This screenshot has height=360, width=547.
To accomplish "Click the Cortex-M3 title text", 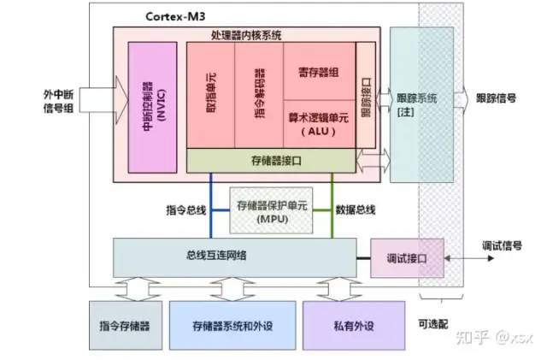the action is pyautogui.click(x=175, y=16).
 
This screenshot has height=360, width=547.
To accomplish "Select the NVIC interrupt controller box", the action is pyautogui.click(x=152, y=108).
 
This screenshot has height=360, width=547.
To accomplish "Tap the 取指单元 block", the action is pyautogui.click(x=211, y=95).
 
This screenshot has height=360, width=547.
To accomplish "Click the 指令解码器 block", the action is pyautogui.click(x=259, y=95).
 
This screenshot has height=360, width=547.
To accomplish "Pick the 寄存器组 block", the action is pyautogui.click(x=319, y=72).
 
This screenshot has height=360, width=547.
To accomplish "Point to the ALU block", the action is pyautogui.click(x=319, y=124).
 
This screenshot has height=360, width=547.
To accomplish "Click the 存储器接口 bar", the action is pyautogui.click(x=271, y=161).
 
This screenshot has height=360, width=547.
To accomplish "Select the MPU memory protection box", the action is pyautogui.click(x=271, y=210).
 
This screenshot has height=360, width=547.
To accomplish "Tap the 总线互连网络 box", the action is pyautogui.click(x=235, y=257).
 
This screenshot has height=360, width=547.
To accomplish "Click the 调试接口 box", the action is pyautogui.click(x=407, y=258).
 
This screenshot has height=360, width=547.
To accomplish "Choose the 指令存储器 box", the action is pyautogui.click(x=126, y=326).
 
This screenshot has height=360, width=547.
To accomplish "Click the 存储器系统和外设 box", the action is pyautogui.click(x=232, y=326).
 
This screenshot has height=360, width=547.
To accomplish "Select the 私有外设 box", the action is pyautogui.click(x=354, y=326).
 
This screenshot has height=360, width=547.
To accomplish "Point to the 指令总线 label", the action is pyautogui.click(x=186, y=210).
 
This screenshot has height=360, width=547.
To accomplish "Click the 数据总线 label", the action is pyautogui.click(x=356, y=210).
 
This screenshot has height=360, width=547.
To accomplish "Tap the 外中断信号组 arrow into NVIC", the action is pyautogui.click(x=103, y=100).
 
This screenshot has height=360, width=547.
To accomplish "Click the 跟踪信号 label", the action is pyautogui.click(x=496, y=98).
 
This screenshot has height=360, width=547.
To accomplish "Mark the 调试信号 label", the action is pyautogui.click(x=502, y=245).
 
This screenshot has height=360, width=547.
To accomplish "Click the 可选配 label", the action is pyautogui.click(x=433, y=324).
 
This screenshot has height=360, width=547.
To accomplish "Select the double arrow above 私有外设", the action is pyautogui.click(x=339, y=289).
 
